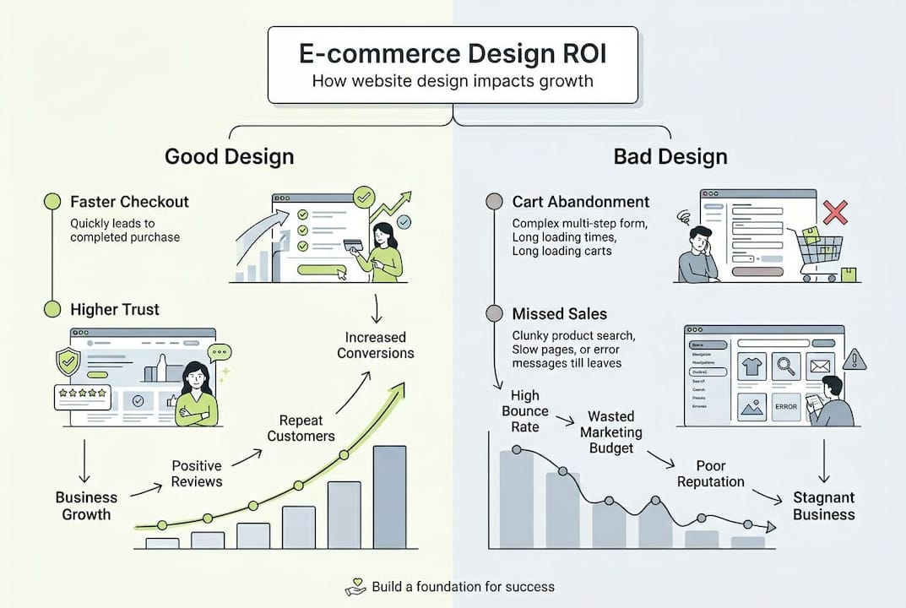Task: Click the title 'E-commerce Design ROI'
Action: tap(452, 54)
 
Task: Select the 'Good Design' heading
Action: tap(230, 156)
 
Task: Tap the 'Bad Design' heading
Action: tap(671, 156)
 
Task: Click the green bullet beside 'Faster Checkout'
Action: tap(52, 202)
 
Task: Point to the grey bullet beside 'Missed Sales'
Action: tap(495, 314)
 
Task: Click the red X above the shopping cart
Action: tap(834, 212)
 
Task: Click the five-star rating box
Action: tap(82, 396)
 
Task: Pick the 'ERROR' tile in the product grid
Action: tap(785, 407)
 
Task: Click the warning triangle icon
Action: tap(854, 359)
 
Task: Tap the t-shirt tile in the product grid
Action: tap(751, 366)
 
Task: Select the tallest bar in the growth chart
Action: tap(389, 497)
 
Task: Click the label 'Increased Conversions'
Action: tap(376, 345)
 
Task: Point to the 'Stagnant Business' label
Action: tap(823, 506)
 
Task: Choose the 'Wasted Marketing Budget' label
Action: tap(610, 432)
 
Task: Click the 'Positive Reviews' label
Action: tap(197, 473)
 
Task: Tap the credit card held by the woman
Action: tap(352, 245)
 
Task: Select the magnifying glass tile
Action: tap(786, 366)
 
